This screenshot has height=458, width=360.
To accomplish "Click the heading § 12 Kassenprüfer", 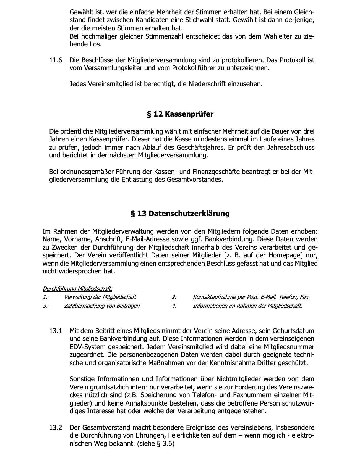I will click(x=180, y=114).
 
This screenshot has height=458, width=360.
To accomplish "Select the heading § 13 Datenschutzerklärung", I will click(x=180, y=214).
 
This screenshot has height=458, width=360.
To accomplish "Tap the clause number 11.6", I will click(x=56, y=60).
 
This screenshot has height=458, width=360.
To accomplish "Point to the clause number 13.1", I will click(x=56, y=331).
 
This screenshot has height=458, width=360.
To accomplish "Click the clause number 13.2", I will click(x=56, y=428).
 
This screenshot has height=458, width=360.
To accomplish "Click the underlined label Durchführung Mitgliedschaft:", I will click(x=77, y=289).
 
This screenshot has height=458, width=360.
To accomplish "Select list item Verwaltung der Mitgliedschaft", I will click(x=100, y=297).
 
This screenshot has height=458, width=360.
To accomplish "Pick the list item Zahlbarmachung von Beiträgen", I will click(x=102, y=306).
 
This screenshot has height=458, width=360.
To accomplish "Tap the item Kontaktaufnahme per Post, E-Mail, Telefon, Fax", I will click(x=251, y=297).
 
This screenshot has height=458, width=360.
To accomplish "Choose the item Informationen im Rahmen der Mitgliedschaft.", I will click(x=247, y=306).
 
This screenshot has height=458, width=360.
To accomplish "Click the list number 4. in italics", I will click(x=174, y=306).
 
